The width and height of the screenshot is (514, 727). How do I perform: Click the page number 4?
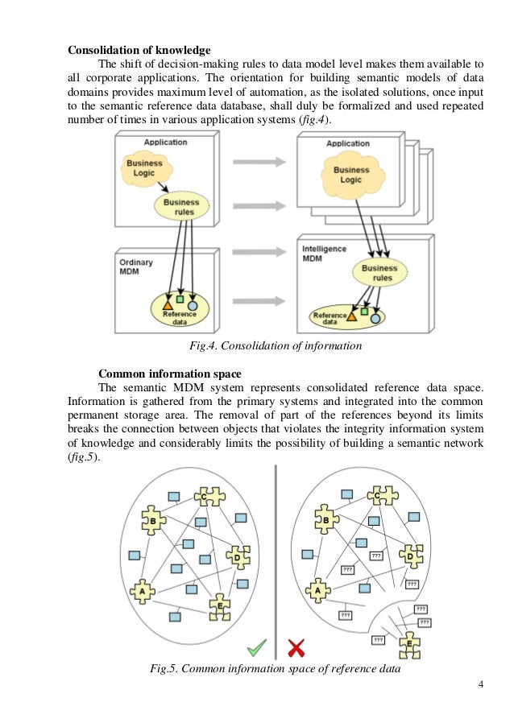[480, 685]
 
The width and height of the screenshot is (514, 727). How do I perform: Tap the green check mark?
[256, 646]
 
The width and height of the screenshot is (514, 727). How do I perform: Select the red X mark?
[296, 647]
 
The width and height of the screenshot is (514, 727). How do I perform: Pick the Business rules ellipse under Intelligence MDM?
[377, 273]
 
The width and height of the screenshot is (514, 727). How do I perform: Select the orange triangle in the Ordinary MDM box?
[167, 305]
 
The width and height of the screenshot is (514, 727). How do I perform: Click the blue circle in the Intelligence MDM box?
[375, 319]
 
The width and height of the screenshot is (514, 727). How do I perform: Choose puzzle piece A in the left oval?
[143, 592]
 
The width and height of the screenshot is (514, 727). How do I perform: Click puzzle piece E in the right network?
[410, 643]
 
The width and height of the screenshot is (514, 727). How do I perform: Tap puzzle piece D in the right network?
[411, 556]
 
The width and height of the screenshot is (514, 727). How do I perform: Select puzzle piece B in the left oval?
[152, 522]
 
